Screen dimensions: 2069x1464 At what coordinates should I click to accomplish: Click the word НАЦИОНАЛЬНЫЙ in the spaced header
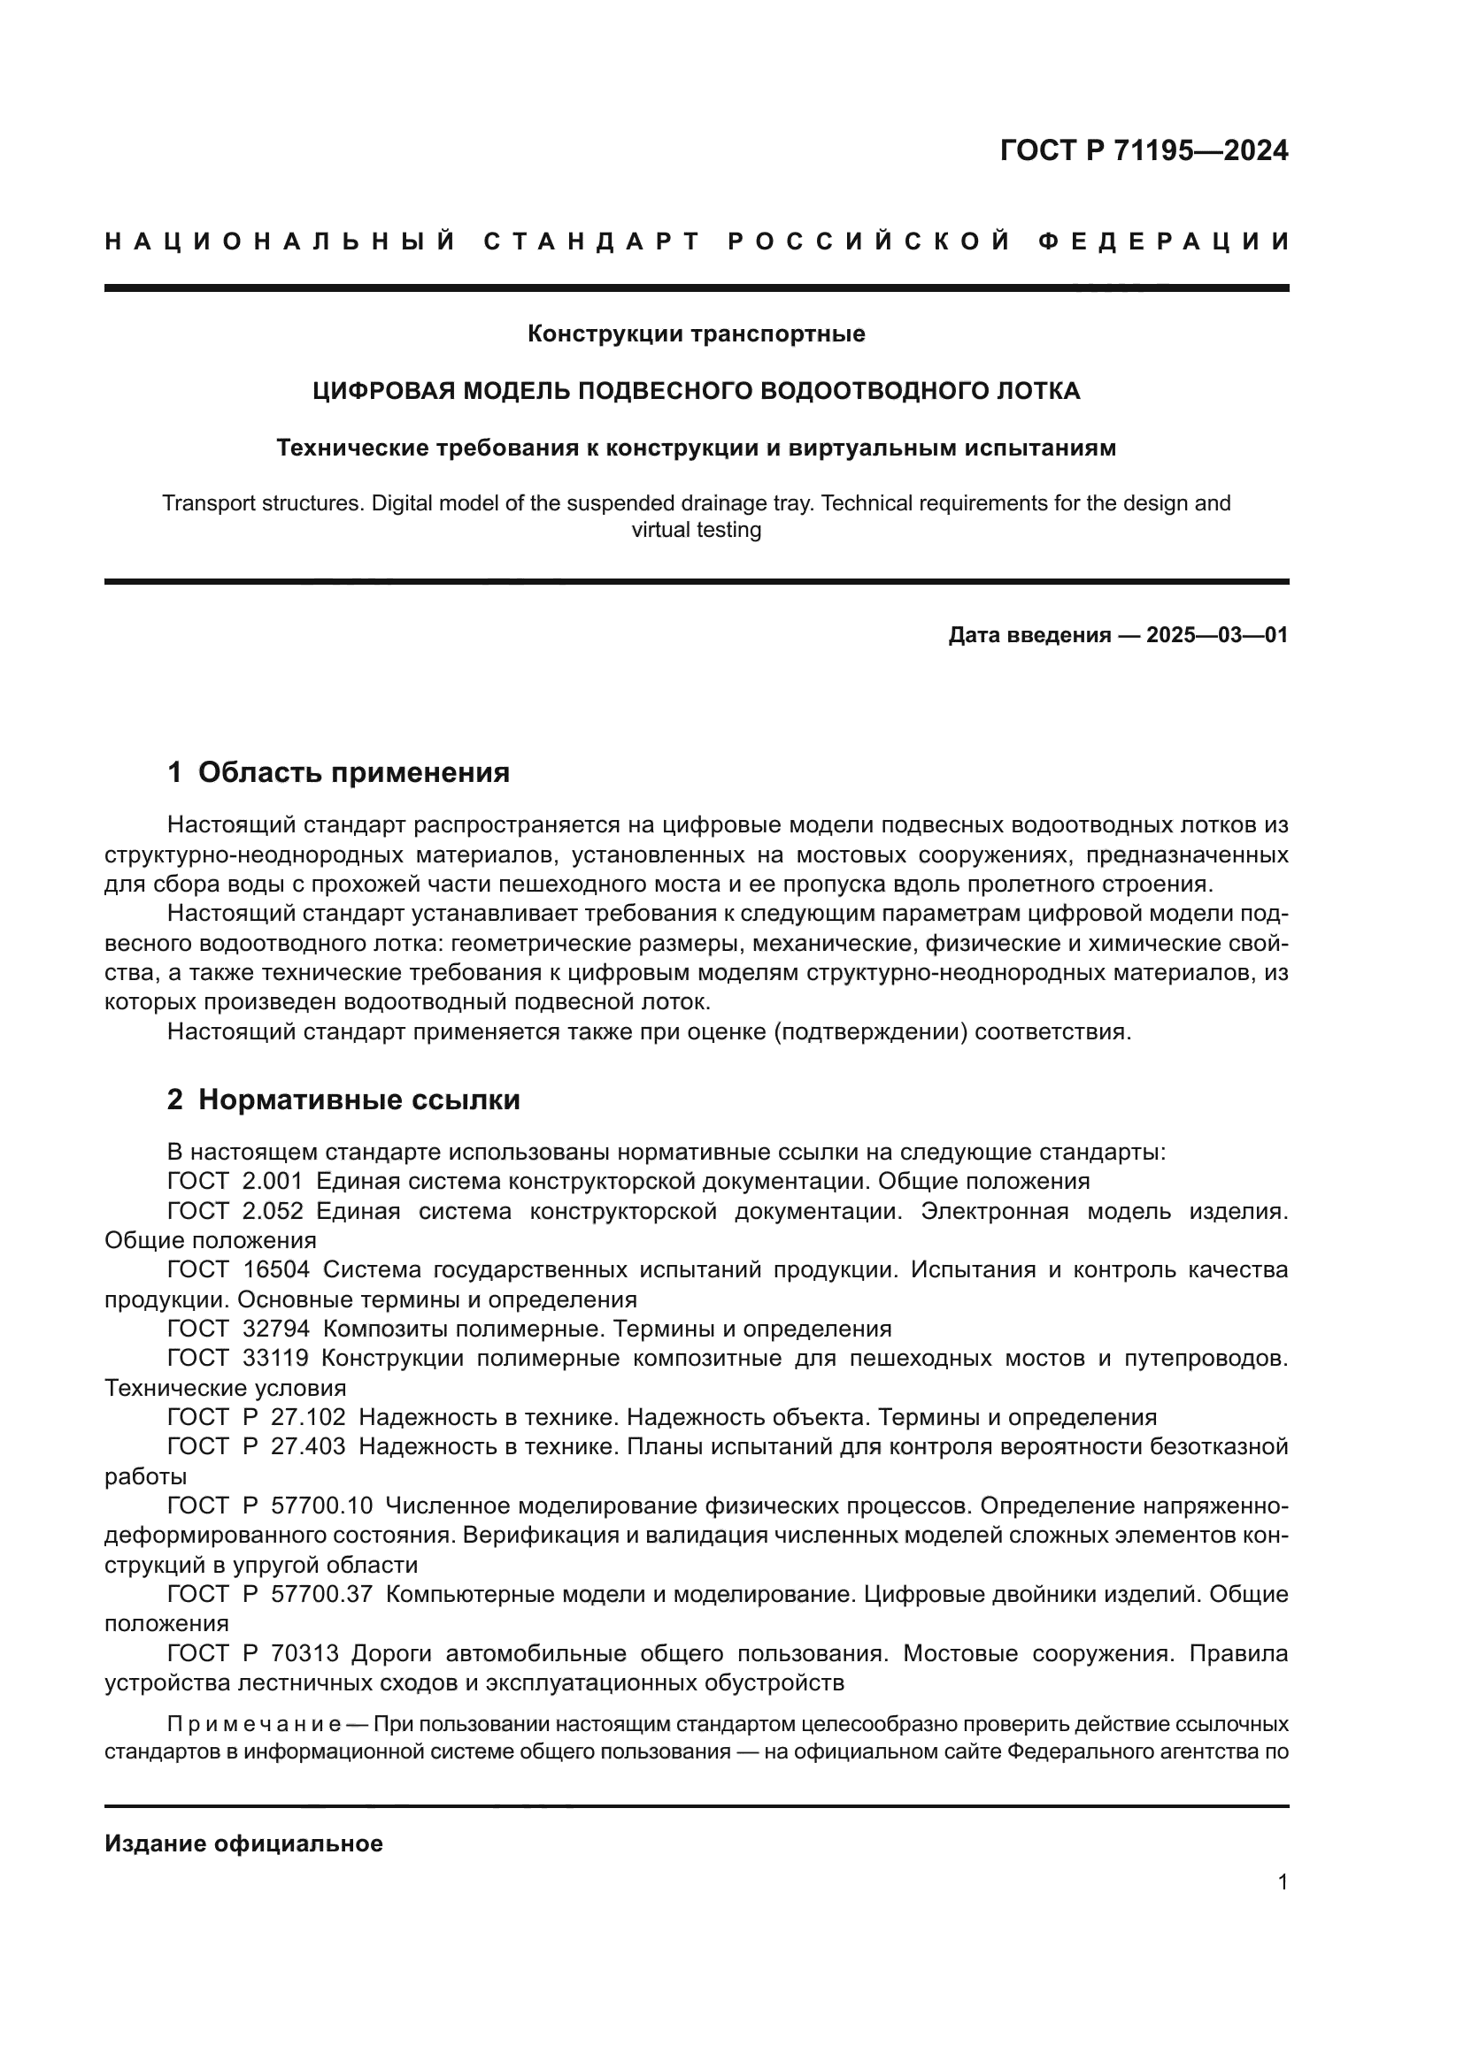[281, 241]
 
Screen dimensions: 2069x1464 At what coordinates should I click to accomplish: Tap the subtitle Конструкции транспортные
[696, 334]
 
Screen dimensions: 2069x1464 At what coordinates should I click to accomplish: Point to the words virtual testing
[696, 530]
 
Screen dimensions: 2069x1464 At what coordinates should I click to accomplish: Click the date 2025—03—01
[1216, 635]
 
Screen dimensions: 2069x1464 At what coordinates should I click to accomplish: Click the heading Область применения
[353, 772]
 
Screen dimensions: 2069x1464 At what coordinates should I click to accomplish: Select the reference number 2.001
[273, 1182]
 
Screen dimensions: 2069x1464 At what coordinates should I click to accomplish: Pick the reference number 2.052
[273, 1211]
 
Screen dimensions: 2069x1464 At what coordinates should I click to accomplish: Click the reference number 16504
[276, 1269]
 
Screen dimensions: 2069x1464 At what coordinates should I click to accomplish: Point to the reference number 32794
[276, 1330]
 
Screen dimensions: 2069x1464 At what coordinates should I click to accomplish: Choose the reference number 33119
[276, 1359]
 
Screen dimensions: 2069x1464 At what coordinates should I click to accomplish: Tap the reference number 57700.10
[321, 1506]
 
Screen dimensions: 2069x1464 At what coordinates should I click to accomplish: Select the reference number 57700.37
[321, 1594]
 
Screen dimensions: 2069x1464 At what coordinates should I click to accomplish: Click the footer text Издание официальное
[243, 1843]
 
